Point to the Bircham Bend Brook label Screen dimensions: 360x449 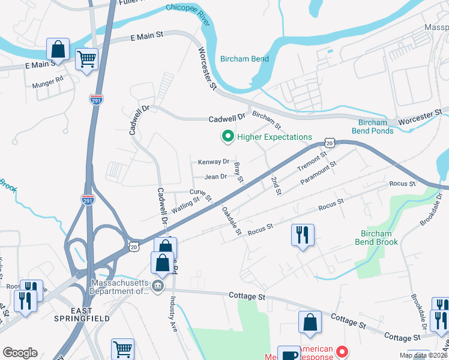387,238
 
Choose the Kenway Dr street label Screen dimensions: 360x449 214,162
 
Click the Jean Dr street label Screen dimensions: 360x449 215,177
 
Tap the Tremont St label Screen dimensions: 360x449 312,161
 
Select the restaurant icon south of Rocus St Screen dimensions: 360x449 302,233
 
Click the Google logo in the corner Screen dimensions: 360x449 20,353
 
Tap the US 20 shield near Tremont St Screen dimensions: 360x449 330,142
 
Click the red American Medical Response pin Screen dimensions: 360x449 343,352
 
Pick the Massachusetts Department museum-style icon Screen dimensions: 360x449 158,286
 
